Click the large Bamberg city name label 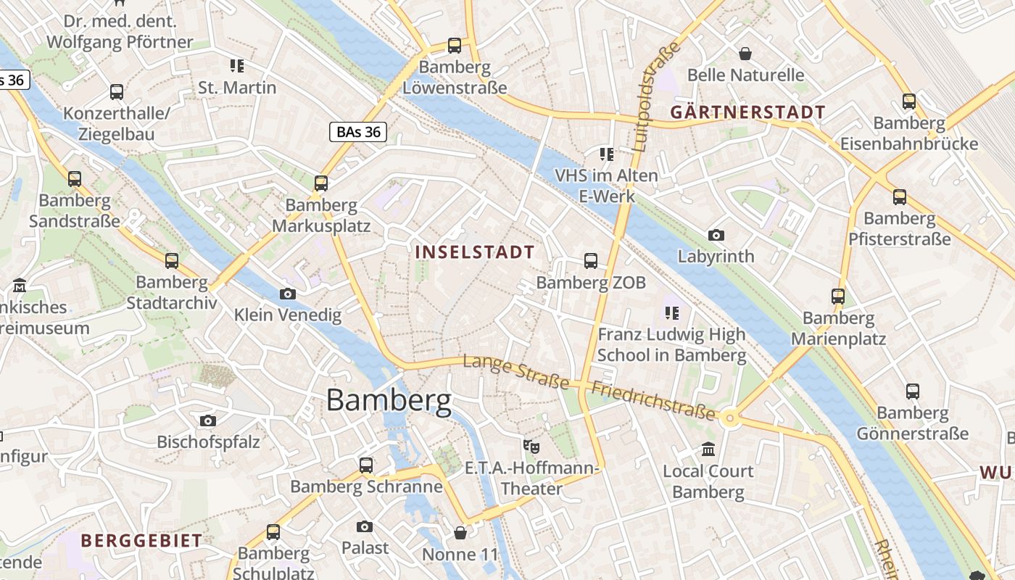tap(389, 400)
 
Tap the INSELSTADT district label tap(475, 252)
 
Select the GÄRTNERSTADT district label tap(747, 112)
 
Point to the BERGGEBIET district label tap(141, 540)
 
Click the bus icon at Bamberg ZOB tap(591, 261)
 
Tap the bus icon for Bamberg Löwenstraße tap(455, 46)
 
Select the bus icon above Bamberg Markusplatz tap(321, 183)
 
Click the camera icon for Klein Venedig tap(288, 294)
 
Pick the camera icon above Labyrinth tap(716, 235)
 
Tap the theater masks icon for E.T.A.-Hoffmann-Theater tap(532, 446)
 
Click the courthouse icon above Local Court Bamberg tap(708, 449)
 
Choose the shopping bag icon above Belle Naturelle tap(745, 54)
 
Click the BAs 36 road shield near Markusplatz tap(357, 132)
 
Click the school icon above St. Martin tap(237, 66)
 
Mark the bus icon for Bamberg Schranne tap(366, 465)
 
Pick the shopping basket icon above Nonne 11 tap(460, 534)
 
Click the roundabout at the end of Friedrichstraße tap(730, 418)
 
